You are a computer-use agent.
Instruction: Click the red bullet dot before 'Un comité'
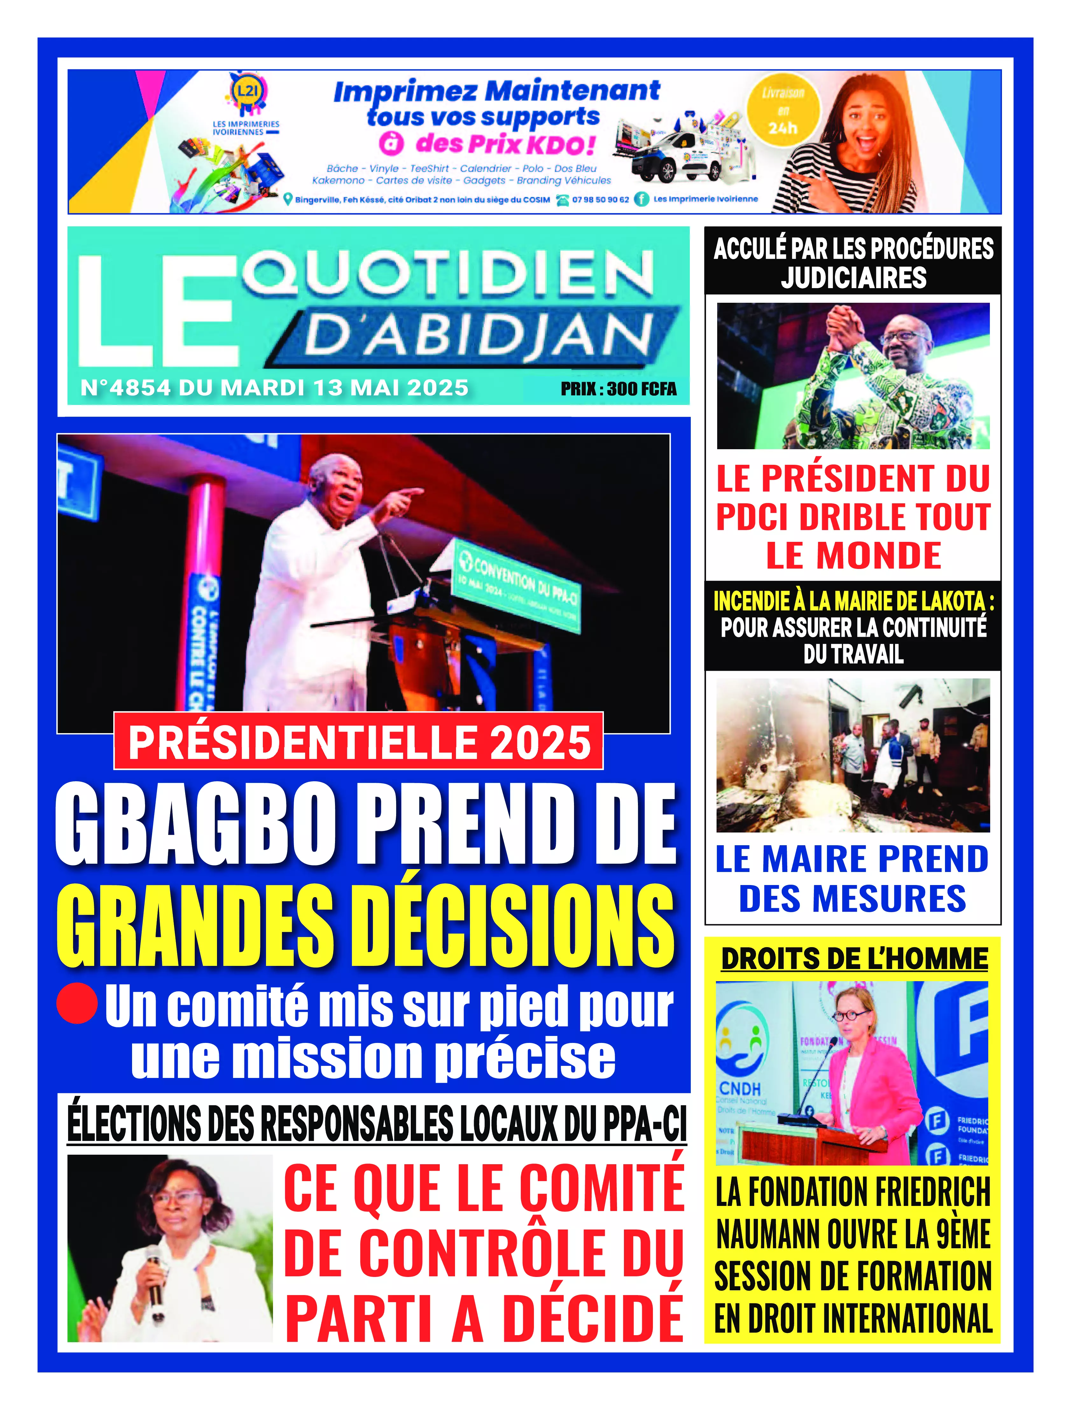(77, 1003)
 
